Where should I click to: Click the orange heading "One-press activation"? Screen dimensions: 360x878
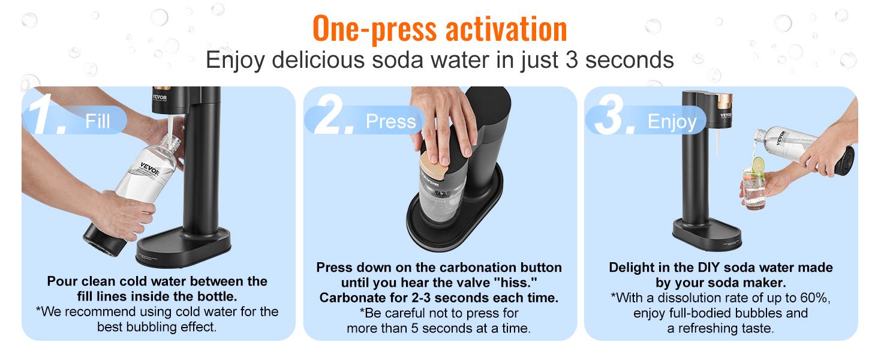point(439,28)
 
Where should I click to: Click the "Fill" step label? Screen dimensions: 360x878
point(97,121)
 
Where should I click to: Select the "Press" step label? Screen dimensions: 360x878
point(390,121)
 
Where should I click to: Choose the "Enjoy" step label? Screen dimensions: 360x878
point(672,122)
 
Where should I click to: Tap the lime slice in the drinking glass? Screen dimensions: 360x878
point(758,164)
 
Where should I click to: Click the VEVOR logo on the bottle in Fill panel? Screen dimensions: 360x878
point(150,166)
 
